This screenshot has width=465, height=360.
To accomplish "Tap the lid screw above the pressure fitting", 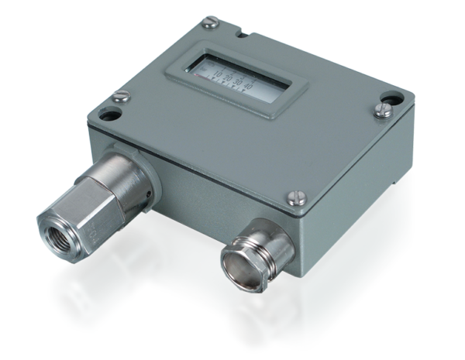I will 120,96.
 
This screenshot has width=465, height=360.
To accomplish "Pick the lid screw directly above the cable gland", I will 295,197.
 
